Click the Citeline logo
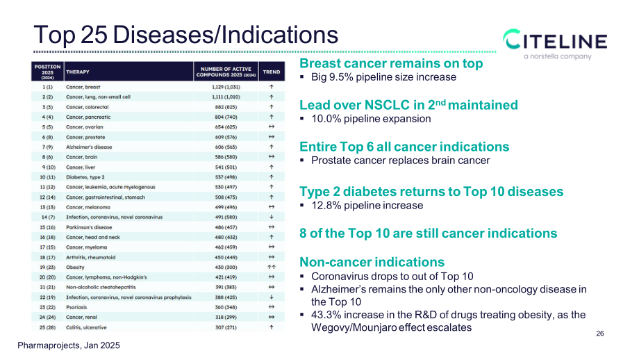pos(555,44)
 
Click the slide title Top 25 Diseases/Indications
pos(186,35)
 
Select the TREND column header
pos(272,72)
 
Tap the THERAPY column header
pos(78,72)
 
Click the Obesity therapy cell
pos(76,267)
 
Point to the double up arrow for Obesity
pos(272,267)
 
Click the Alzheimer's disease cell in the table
pos(89,147)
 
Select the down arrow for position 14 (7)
pos(272,217)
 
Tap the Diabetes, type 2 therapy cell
pos(85,177)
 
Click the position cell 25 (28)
pos(48,327)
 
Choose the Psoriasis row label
pos(76,307)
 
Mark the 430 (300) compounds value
pos(226,267)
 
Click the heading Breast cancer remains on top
pos(391,63)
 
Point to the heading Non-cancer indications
pos(372,262)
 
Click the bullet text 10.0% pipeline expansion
pos(372,119)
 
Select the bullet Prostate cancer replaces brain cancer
pos(401,161)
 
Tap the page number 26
pos(600,334)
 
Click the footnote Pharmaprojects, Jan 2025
pos(69,345)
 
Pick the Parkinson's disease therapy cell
pos(89,227)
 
